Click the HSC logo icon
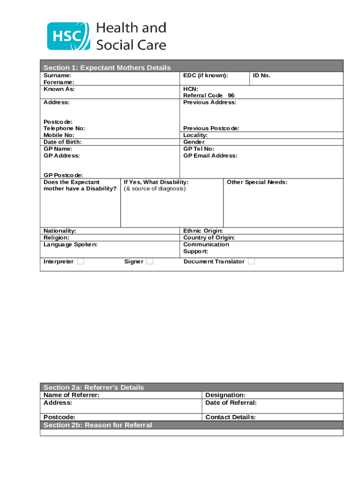pos(68,36)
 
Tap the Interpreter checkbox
pos(81,261)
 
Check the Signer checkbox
pos(150,261)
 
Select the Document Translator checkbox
pos(251,261)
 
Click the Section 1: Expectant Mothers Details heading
pos(107,68)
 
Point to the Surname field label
pos(58,75)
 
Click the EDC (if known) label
pos(206,75)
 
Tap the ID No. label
pos(262,75)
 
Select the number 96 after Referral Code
pos(231,95)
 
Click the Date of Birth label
pos(62,142)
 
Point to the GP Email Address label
pos(210,155)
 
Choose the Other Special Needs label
pos(257,182)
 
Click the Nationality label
pos(60,231)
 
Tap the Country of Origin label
pos(209,238)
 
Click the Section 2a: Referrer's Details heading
pos(94,387)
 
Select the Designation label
pos(225,395)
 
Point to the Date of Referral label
pos(231,403)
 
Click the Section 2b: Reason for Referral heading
pos(98,425)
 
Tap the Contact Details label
pos(230,417)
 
